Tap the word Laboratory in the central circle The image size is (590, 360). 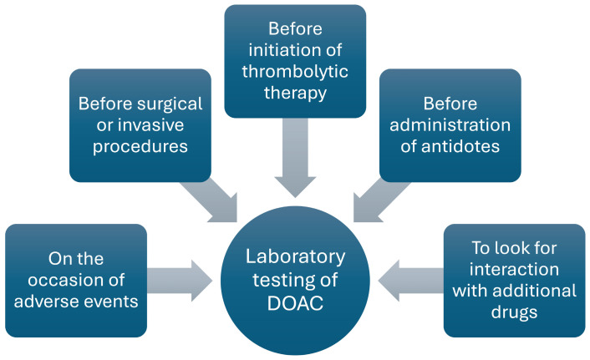[295, 256]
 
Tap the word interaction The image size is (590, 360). [513, 269]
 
